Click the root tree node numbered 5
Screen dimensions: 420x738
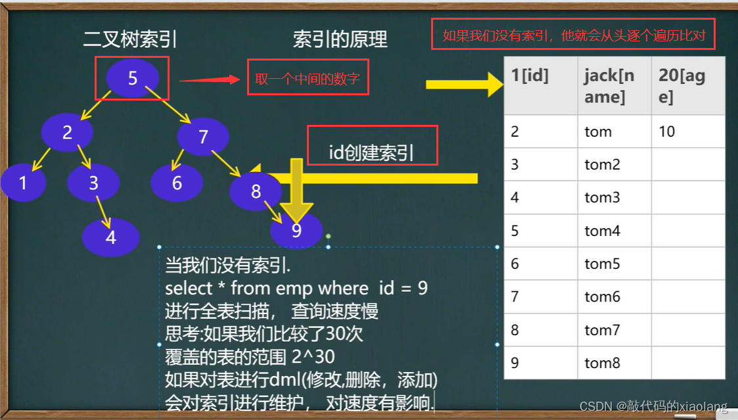(x=132, y=78)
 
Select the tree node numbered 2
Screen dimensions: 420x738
(x=66, y=132)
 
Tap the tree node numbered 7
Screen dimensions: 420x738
(x=203, y=137)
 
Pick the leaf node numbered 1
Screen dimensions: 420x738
(x=23, y=182)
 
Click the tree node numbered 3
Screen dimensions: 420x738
(x=93, y=182)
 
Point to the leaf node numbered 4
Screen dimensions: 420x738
(x=111, y=237)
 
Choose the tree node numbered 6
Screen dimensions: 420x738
(x=177, y=182)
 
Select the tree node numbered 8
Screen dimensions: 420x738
(x=256, y=191)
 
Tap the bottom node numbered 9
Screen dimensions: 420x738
(x=296, y=231)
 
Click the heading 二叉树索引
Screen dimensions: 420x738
(x=129, y=39)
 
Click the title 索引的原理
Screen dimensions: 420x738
(x=340, y=39)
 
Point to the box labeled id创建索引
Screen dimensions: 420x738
(x=372, y=154)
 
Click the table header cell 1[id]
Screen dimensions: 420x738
(x=540, y=86)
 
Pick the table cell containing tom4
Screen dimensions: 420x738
(x=614, y=231)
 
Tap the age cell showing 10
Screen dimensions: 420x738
(x=687, y=131)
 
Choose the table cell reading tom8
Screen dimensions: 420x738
(x=614, y=363)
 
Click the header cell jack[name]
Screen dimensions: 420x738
(x=614, y=86)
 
